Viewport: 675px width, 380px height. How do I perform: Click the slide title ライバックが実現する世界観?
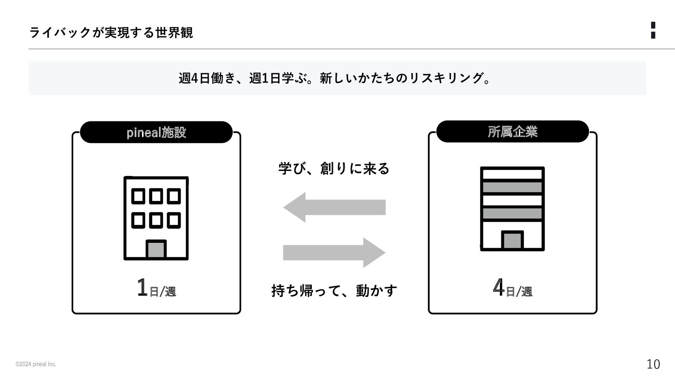point(111,33)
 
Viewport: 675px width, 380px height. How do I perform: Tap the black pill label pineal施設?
point(156,132)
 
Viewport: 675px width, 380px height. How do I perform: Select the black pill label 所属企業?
point(512,132)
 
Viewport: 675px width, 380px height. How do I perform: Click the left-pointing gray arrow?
point(334,207)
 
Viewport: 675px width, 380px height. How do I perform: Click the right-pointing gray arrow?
point(334,253)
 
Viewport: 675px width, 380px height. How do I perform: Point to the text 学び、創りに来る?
point(334,169)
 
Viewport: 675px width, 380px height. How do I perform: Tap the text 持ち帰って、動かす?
point(334,291)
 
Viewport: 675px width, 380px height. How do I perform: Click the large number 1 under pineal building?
point(142,287)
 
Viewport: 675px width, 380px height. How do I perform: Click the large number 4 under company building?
point(499,287)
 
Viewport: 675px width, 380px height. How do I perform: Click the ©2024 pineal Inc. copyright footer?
point(36,364)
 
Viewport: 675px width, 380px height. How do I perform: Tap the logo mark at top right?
point(653,30)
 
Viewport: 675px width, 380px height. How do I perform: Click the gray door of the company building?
point(512,241)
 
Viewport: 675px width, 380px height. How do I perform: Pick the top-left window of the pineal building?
point(138,196)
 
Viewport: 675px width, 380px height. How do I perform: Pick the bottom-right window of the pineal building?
point(174,221)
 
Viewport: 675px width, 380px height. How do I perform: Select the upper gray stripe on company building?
point(512,187)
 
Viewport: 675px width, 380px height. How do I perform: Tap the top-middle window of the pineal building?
point(156,196)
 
